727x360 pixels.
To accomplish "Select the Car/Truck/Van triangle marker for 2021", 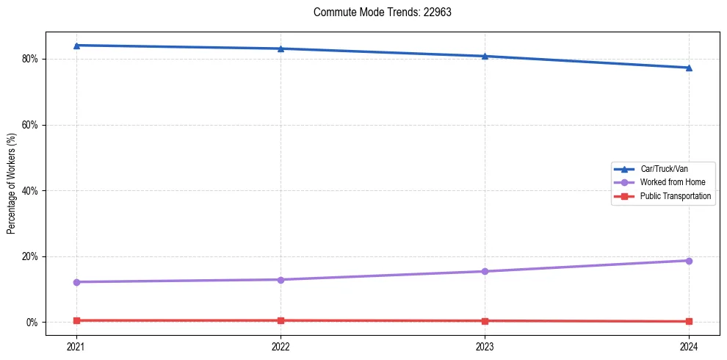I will click(x=76, y=46).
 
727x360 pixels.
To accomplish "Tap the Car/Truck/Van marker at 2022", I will click(x=281, y=48).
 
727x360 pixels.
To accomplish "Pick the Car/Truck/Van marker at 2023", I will click(x=485, y=56).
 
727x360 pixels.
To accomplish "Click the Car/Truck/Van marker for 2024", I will click(x=689, y=68).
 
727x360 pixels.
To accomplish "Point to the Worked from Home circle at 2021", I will click(x=76, y=282).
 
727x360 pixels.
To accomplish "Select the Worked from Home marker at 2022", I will click(x=281, y=280).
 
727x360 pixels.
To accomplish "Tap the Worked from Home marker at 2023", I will click(x=485, y=272).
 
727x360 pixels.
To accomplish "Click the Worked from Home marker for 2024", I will click(x=689, y=261).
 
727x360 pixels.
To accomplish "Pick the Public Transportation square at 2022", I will click(x=281, y=320).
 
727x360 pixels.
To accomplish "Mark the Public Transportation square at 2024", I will click(x=689, y=321).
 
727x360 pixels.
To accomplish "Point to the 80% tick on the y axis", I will click(x=29, y=59).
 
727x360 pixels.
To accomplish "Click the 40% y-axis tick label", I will click(x=29, y=191).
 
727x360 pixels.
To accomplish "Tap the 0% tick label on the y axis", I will click(x=32, y=323).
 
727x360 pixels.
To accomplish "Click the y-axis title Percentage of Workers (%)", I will click(x=12, y=184).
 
